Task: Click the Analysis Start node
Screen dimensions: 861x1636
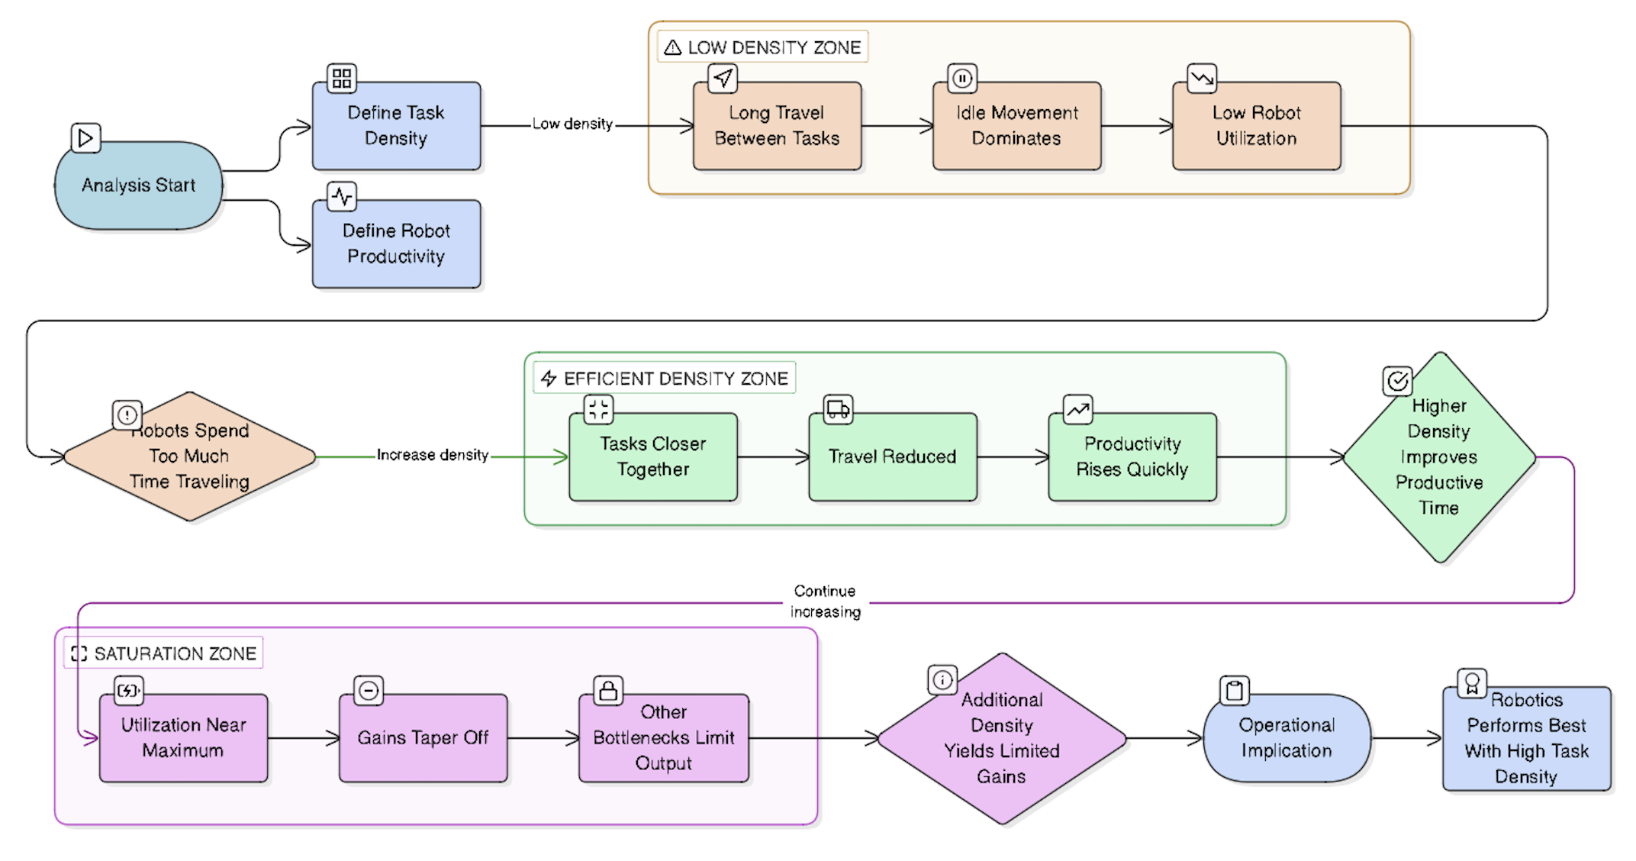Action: pos(138,185)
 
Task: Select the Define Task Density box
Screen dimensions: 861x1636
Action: pos(396,126)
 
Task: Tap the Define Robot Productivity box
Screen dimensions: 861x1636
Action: pos(396,244)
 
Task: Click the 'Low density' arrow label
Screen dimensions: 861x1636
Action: pos(572,124)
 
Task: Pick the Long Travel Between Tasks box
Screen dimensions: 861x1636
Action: pos(777,126)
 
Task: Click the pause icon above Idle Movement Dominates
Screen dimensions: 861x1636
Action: pos(962,78)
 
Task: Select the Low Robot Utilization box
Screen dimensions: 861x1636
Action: pos(1256,126)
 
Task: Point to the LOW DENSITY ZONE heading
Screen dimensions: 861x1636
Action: pos(763,47)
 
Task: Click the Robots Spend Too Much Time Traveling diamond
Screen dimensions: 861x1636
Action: pos(189,456)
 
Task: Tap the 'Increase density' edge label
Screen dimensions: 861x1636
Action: pos(432,455)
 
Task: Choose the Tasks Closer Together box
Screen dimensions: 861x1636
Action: pos(653,456)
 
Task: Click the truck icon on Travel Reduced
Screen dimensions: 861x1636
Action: pos(838,409)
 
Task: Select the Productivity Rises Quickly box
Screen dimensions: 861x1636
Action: pos(1132,456)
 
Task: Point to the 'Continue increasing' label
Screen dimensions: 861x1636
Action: pos(825,601)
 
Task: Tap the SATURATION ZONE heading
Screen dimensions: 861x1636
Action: pos(164,653)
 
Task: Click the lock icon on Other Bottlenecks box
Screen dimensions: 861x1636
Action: pos(608,691)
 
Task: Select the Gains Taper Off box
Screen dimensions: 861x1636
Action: pos(423,738)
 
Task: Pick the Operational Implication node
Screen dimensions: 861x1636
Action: pos(1287,738)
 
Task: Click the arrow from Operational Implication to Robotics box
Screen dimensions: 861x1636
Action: pos(1406,738)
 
